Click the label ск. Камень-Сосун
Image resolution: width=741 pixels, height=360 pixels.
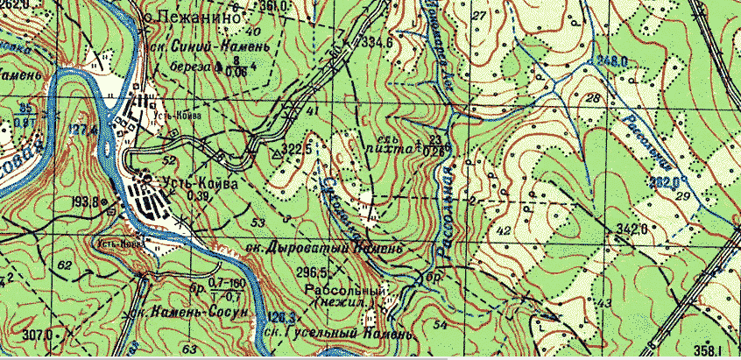point(188,312)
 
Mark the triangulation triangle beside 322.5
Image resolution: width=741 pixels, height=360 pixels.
point(279,153)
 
